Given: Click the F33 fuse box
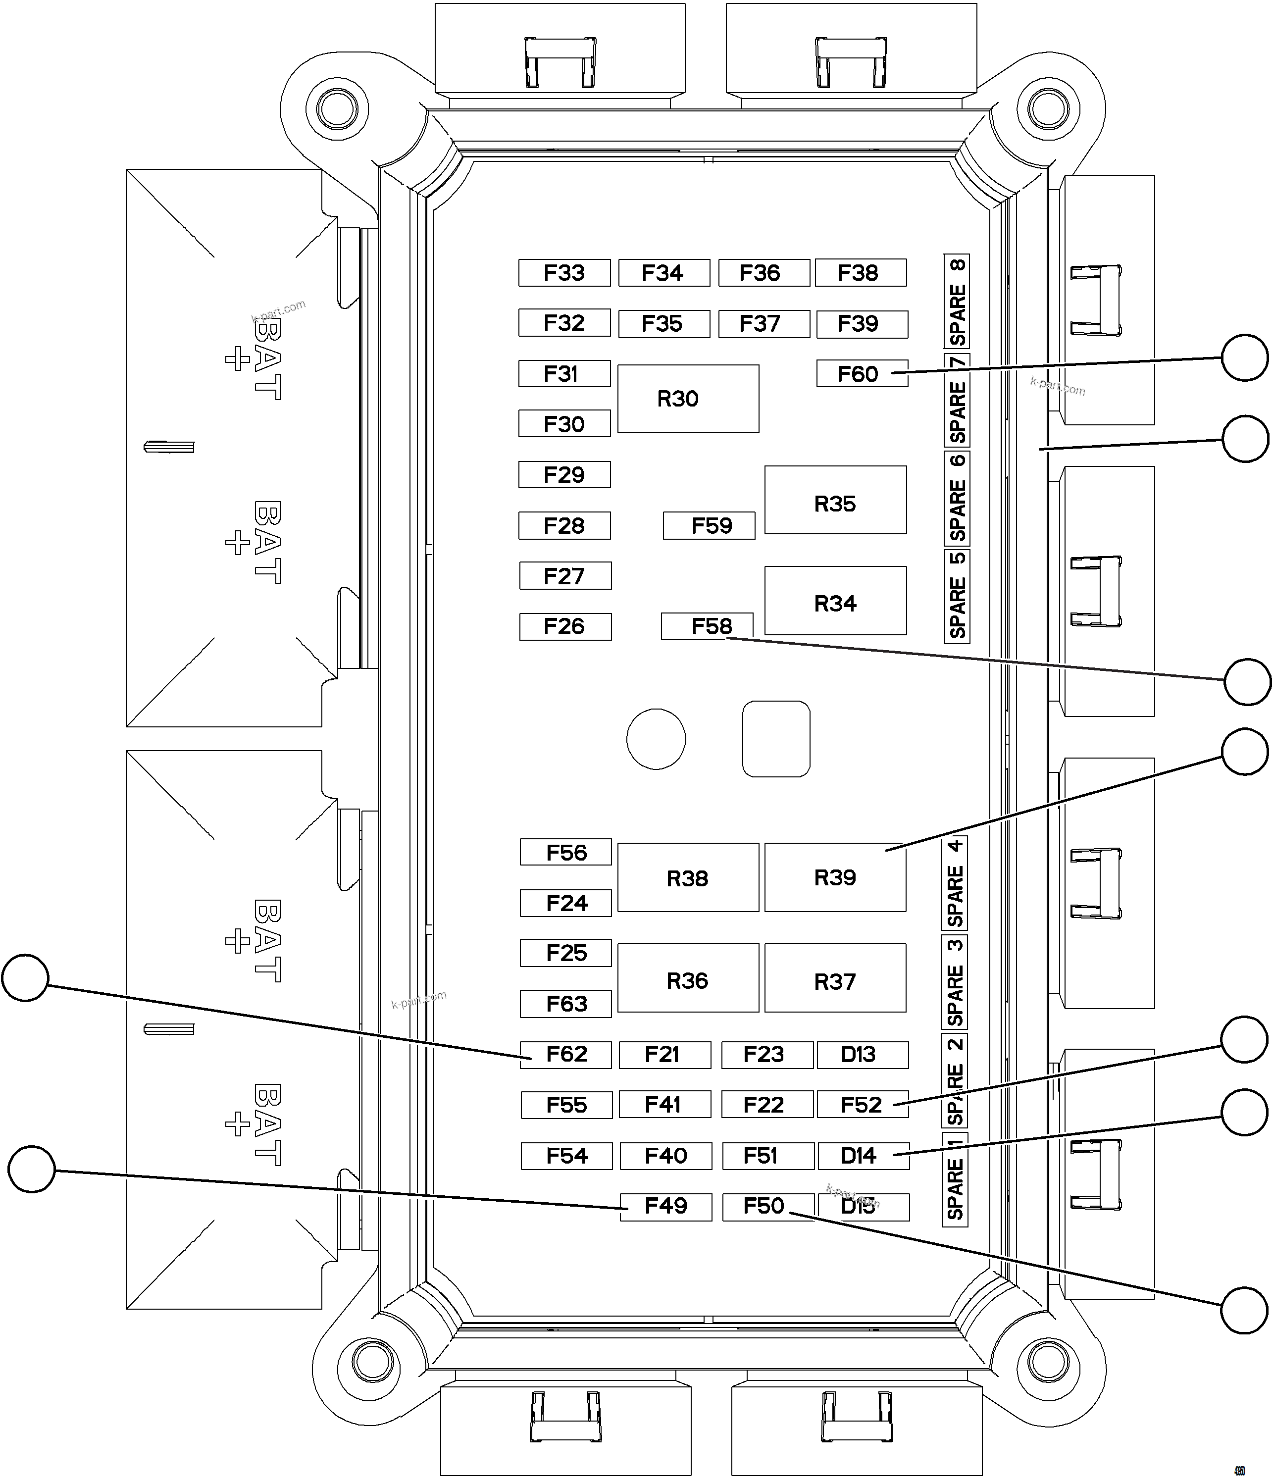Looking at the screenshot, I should pyautogui.click(x=564, y=273).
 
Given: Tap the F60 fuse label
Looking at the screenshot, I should pyautogui.click(x=862, y=373).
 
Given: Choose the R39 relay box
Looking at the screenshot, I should pyautogui.click(x=835, y=877).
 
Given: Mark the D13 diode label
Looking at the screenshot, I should pyautogui.click(x=863, y=1054).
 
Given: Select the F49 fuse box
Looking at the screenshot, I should pyautogui.click(x=665, y=1206).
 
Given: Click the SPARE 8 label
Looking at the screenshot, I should pyautogui.click(x=957, y=301).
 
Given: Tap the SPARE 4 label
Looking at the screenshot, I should pyautogui.click(x=955, y=883).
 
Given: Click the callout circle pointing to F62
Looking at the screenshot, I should pyautogui.click(x=25, y=978).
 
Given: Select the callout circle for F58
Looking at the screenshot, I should pyautogui.click(x=1247, y=682).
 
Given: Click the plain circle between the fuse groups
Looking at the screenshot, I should pyautogui.click(x=656, y=739).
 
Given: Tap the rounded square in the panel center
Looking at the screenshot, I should pyautogui.click(x=776, y=739).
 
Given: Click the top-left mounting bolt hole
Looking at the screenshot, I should pyautogui.click(x=336, y=109).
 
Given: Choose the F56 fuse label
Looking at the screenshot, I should pyautogui.click(x=565, y=852).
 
